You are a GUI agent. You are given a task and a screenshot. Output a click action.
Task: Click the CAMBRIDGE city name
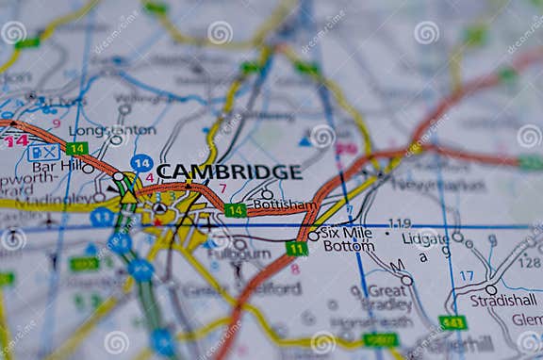point(229,172)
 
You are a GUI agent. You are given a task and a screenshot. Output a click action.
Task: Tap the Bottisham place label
point(284,205)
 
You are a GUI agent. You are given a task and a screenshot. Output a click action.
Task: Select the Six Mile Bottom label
point(349,238)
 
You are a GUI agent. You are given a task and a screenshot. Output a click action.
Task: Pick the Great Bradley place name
point(387,297)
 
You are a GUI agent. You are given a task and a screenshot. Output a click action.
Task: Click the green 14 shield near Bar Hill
point(77,149)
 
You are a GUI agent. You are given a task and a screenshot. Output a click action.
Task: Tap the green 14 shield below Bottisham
point(236,210)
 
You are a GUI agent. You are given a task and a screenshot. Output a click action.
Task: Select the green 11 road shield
point(297,249)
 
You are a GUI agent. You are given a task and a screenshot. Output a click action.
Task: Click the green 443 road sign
point(452,322)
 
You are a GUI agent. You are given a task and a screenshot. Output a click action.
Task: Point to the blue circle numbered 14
point(141,163)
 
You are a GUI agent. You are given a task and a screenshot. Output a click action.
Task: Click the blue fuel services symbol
point(43,151)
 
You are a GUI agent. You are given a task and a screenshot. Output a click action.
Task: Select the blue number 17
point(465,276)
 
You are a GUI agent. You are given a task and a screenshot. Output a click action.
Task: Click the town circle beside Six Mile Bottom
point(313,236)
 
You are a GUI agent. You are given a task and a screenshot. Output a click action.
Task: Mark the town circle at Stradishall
point(490,289)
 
